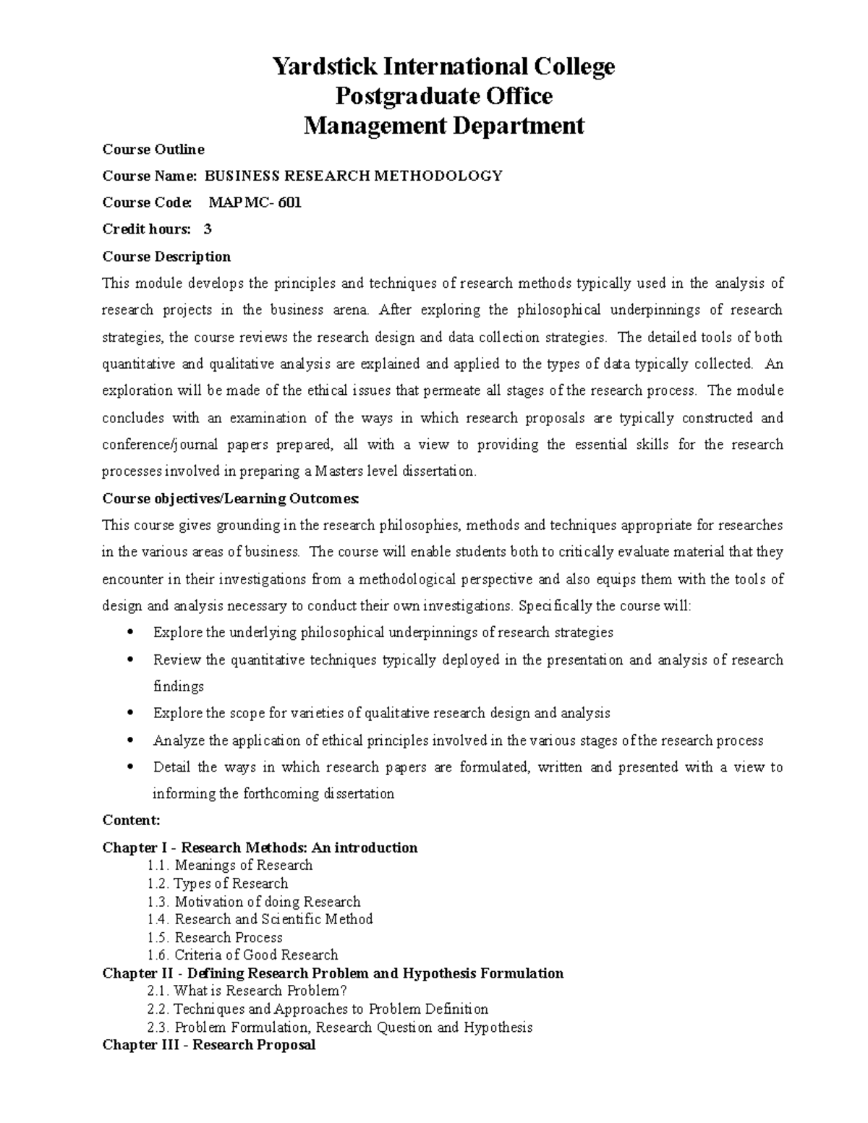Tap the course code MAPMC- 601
pos(255,202)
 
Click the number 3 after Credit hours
pos(208,229)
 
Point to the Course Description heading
pos(166,257)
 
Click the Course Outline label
pos(153,150)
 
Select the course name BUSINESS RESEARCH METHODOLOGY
pos(353,176)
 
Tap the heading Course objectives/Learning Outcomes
pos(230,499)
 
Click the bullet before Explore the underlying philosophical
pos(130,633)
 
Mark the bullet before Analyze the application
pos(130,741)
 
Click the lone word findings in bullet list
pos(179,686)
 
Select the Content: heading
pos(131,820)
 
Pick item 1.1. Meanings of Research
pos(229,866)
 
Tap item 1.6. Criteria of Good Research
pos(242,955)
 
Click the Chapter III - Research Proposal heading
pos(209,1045)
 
